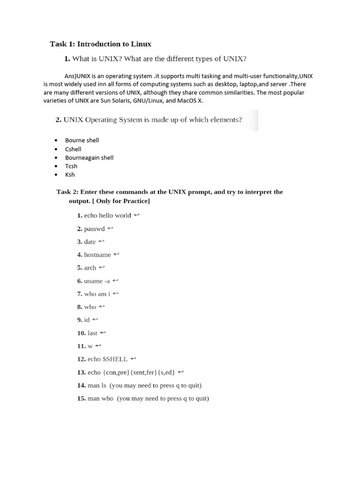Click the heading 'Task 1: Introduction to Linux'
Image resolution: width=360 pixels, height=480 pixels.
pos(100,44)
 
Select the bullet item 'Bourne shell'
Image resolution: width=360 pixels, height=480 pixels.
pos(82,140)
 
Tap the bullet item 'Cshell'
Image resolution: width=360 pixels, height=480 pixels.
pos(73,149)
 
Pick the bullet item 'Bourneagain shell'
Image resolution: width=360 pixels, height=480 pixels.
pos(89,157)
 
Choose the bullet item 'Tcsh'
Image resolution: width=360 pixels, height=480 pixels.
pos(71,166)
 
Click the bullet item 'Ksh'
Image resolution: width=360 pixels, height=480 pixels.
pos(70,174)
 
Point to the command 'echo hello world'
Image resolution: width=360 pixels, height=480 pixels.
pos(107,216)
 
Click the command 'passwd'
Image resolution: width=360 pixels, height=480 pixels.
pos(94,229)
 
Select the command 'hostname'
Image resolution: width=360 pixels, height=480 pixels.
pos(97,255)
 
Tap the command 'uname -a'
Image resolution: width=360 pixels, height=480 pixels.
pos(97,281)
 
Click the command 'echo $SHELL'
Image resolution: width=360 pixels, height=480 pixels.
pos(107,359)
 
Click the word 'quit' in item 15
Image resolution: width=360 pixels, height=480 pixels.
pos(202,398)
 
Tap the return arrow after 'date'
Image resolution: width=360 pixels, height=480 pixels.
pos(101,242)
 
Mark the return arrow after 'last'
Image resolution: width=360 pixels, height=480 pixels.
pos(103,333)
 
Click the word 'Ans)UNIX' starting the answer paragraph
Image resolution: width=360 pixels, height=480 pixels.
pos(77,76)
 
